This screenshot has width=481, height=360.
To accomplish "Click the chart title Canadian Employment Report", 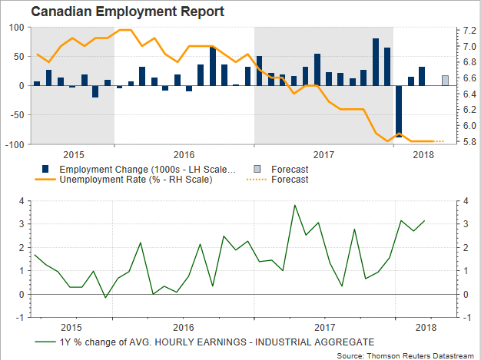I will coord(118,12).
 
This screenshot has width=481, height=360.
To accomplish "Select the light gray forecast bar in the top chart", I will coord(446,80).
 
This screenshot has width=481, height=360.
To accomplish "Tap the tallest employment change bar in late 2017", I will coord(376,62).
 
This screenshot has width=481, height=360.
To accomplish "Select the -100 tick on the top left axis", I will coord(15,144).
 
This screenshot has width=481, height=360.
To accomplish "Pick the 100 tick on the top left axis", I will coord(17,27).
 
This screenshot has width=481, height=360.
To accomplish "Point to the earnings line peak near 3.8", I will coord(294,205).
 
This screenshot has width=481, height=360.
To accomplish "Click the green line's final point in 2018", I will coord(425,221).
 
